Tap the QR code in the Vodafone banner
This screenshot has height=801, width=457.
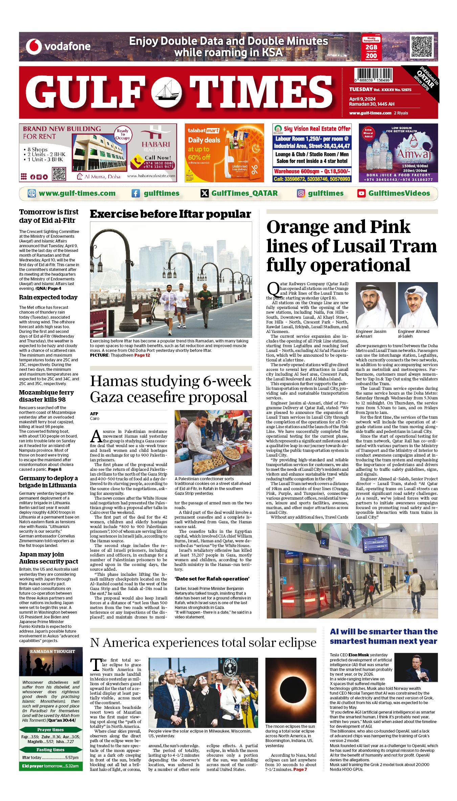[x=421, y=46]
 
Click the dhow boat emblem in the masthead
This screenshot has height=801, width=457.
[x=166, y=92]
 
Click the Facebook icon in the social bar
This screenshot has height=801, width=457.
[x=135, y=193]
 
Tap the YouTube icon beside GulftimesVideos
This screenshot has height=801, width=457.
[x=361, y=193]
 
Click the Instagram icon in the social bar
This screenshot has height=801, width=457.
[x=301, y=193]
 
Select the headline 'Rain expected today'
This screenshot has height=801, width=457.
[x=48, y=297]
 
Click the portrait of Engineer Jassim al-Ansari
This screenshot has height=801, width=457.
[x=375, y=305]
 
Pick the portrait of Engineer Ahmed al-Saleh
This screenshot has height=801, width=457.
[x=418, y=305]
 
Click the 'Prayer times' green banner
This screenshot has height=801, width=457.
[x=51, y=730]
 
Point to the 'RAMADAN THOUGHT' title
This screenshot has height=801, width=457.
[x=52, y=651]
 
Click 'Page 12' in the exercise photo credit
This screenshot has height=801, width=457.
[x=142, y=355]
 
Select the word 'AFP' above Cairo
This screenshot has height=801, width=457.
[x=94, y=414]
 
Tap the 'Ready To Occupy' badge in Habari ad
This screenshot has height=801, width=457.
[x=123, y=134]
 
